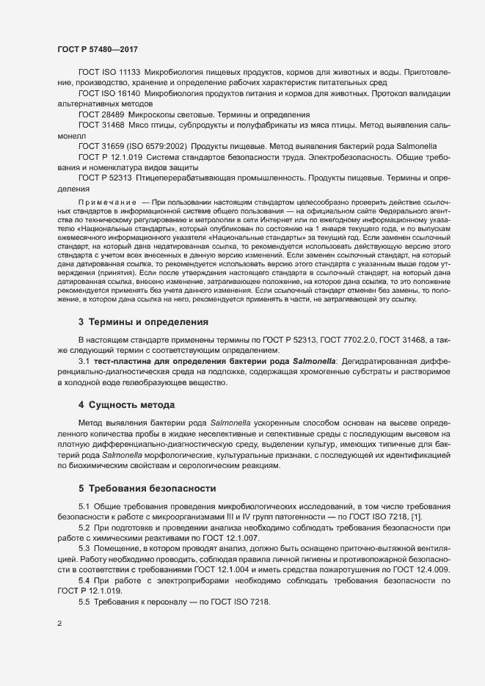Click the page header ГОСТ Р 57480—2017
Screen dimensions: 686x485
[x=98, y=49]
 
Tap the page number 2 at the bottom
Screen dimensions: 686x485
[x=59, y=624]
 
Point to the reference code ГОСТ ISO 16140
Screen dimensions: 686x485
[x=109, y=95]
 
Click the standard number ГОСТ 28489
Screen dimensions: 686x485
[x=101, y=115]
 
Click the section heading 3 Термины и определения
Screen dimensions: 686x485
[x=143, y=322]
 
